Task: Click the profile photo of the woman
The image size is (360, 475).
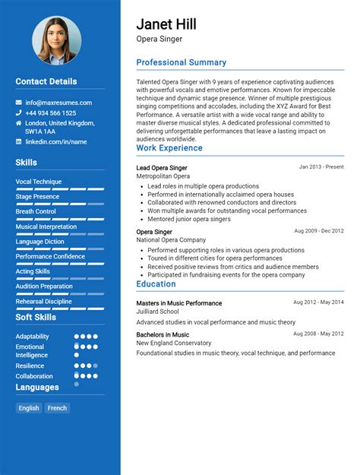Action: [x=56, y=40]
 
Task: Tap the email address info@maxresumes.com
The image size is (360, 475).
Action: [x=58, y=103]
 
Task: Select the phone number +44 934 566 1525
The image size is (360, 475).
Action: [x=51, y=113]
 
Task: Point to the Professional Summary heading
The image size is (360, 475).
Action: [x=181, y=63]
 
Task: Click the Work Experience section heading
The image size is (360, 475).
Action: [x=169, y=148]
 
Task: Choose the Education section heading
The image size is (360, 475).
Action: [x=156, y=284]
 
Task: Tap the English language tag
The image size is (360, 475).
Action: [x=29, y=408]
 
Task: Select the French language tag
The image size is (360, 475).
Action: [x=57, y=408]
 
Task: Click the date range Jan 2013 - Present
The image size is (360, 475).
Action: [x=321, y=166]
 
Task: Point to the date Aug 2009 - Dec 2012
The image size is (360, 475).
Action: [x=319, y=230]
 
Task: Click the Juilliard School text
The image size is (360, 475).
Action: [x=157, y=312]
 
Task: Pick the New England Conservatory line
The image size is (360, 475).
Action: [x=174, y=343]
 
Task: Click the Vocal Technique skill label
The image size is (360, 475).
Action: [x=39, y=182]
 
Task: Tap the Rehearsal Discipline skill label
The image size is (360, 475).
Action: [x=44, y=301]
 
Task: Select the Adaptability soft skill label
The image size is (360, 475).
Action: [x=33, y=337]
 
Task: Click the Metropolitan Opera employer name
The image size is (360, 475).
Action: [x=163, y=176]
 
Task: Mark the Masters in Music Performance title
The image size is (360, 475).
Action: [x=179, y=303]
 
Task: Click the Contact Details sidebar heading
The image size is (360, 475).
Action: [x=46, y=81]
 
